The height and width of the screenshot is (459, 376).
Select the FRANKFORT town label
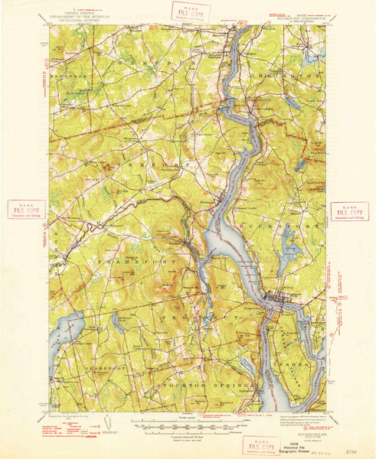[117, 262]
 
